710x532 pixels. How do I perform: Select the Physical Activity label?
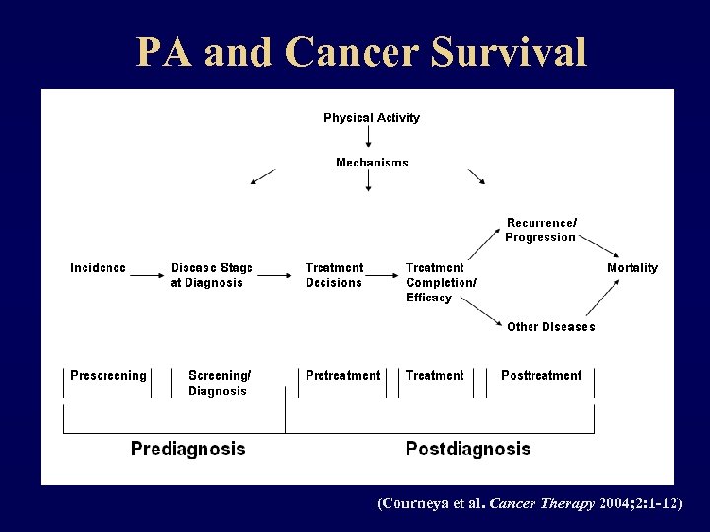(372, 118)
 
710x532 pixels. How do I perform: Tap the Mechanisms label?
(372, 163)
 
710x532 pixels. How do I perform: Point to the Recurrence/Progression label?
(540, 230)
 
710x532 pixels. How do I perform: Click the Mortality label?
(632, 268)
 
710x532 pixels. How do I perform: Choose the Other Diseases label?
(550, 327)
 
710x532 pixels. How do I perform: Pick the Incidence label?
(98, 268)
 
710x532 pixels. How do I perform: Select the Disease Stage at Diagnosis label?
(211, 275)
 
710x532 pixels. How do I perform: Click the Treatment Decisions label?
(334, 275)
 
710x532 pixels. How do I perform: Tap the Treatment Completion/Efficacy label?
(441, 282)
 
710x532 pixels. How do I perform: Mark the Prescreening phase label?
(107, 375)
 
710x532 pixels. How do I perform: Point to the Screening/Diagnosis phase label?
(219, 383)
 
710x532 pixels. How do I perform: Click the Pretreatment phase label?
(342, 375)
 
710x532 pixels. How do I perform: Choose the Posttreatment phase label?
(540, 375)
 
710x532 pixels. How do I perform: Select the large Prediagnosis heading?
(187, 449)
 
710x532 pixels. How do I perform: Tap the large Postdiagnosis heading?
(467, 449)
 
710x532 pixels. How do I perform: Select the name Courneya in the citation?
(417, 503)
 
